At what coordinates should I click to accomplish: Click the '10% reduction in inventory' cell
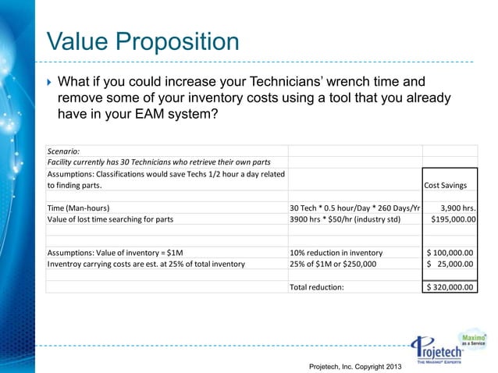[336, 253]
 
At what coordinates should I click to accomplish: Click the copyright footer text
[355, 365]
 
